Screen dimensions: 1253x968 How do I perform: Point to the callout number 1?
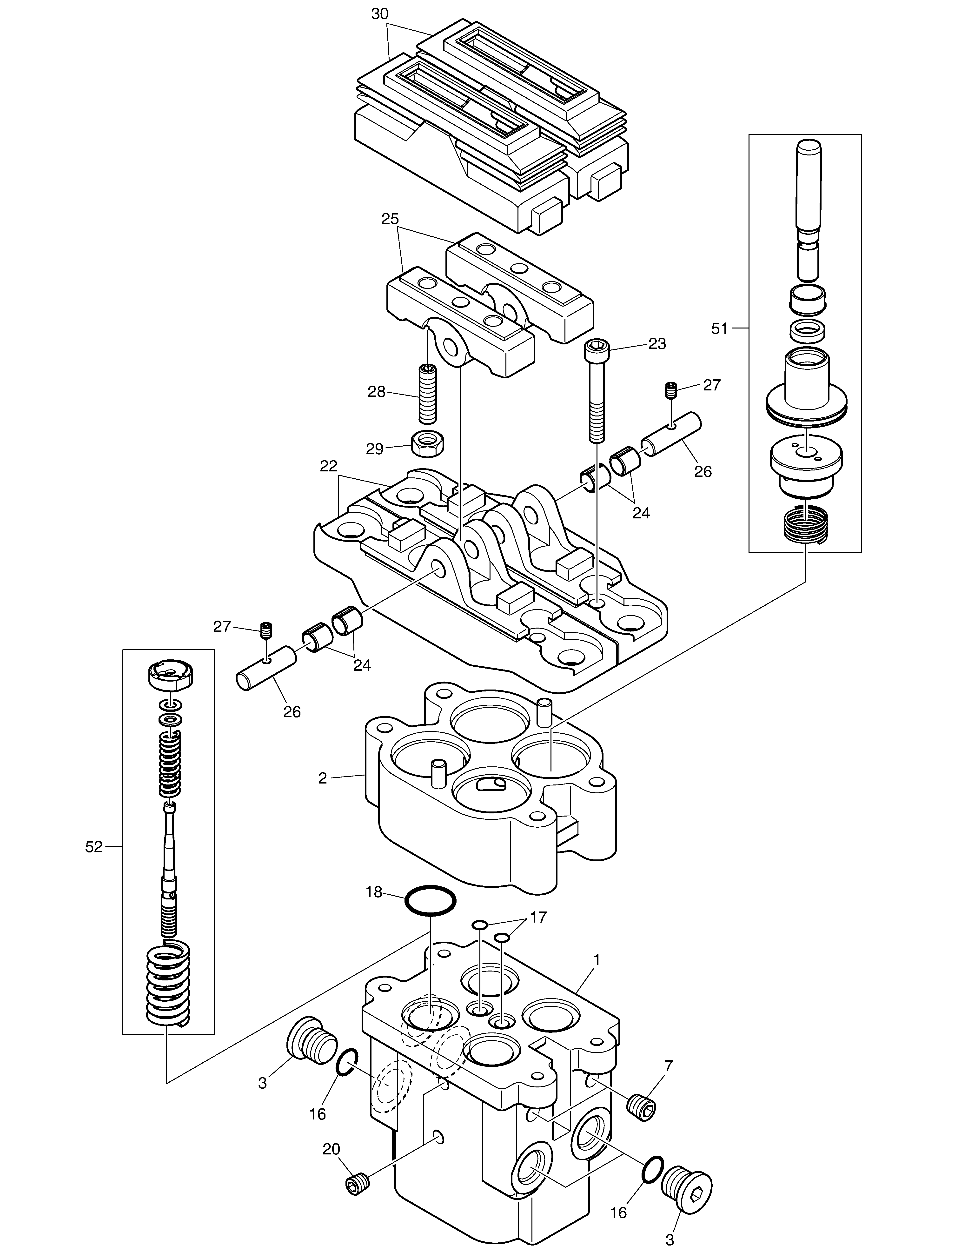(597, 959)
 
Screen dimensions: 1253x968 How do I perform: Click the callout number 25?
(390, 219)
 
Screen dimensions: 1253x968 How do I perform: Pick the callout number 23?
(657, 344)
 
